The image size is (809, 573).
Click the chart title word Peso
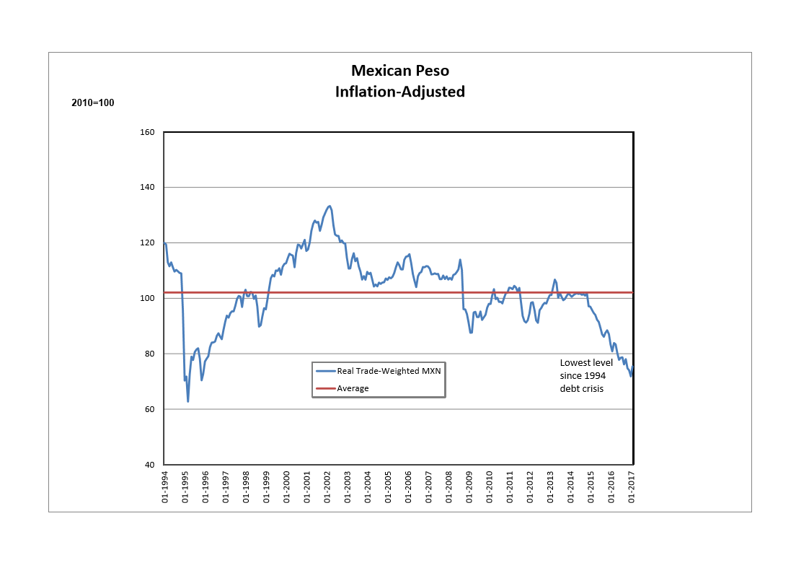pyautogui.click(x=431, y=71)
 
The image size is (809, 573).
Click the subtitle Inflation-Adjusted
pyautogui.click(x=399, y=92)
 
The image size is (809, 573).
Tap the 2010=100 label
pyautogui.click(x=93, y=102)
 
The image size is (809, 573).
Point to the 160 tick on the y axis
pyautogui.click(x=148, y=132)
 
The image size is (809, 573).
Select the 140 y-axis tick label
pyautogui.click(x=148, y=188)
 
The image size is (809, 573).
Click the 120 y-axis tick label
pyautogui.click(x=148, y=243)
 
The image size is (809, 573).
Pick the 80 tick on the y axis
pyautogui.click(x=150, y=354)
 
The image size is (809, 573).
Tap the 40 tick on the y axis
pyautogui.click(x=150, y=465)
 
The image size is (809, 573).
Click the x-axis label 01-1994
pyautogui.click(x=164, y=487)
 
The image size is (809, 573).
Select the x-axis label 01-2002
pyautogui.click(x=327, y=487)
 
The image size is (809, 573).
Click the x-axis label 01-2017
pyautogui.click(x=632, y=487)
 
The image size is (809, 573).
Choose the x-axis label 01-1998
pyautogui.click(x=246, y=487)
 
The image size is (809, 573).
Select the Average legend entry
pyautogui.click(x=353, y=388)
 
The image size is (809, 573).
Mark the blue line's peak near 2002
pyautogui.click(x=329, y=206)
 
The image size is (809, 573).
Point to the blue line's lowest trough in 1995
pyautogui.click(x=188, y=401)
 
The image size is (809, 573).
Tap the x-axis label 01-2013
pyautogui.click(x=551, y=487)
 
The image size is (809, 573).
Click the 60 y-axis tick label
pyautogui.click(x=150, y=409)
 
